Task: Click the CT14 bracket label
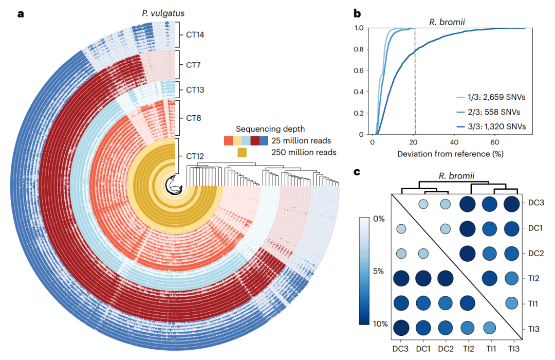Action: (195, 37)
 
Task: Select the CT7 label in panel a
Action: (193, 66)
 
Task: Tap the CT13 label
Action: (195, 90)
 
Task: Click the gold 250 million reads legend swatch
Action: (242, 152)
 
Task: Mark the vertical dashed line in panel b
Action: (415, 77)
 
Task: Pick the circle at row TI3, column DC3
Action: (402, 327)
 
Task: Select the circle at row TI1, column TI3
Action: (512, 303)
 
